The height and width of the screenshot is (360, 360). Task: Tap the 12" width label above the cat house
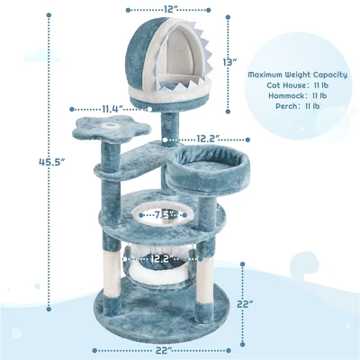167,10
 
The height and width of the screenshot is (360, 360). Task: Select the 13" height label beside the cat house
229,62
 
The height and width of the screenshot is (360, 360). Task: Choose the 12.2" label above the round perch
205,139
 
